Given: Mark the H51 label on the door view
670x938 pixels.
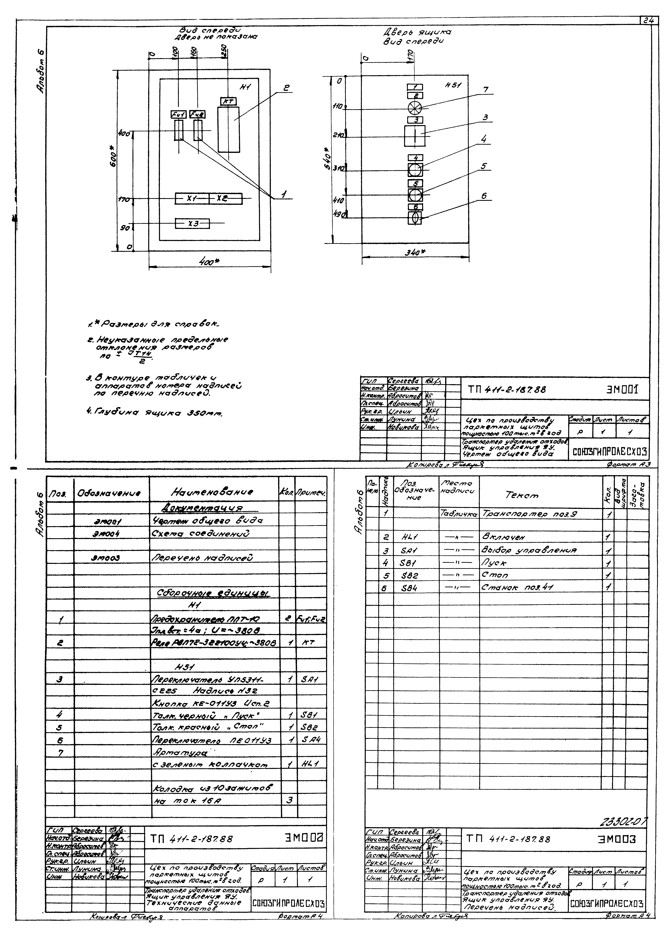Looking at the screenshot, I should click(x=453, y=85).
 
